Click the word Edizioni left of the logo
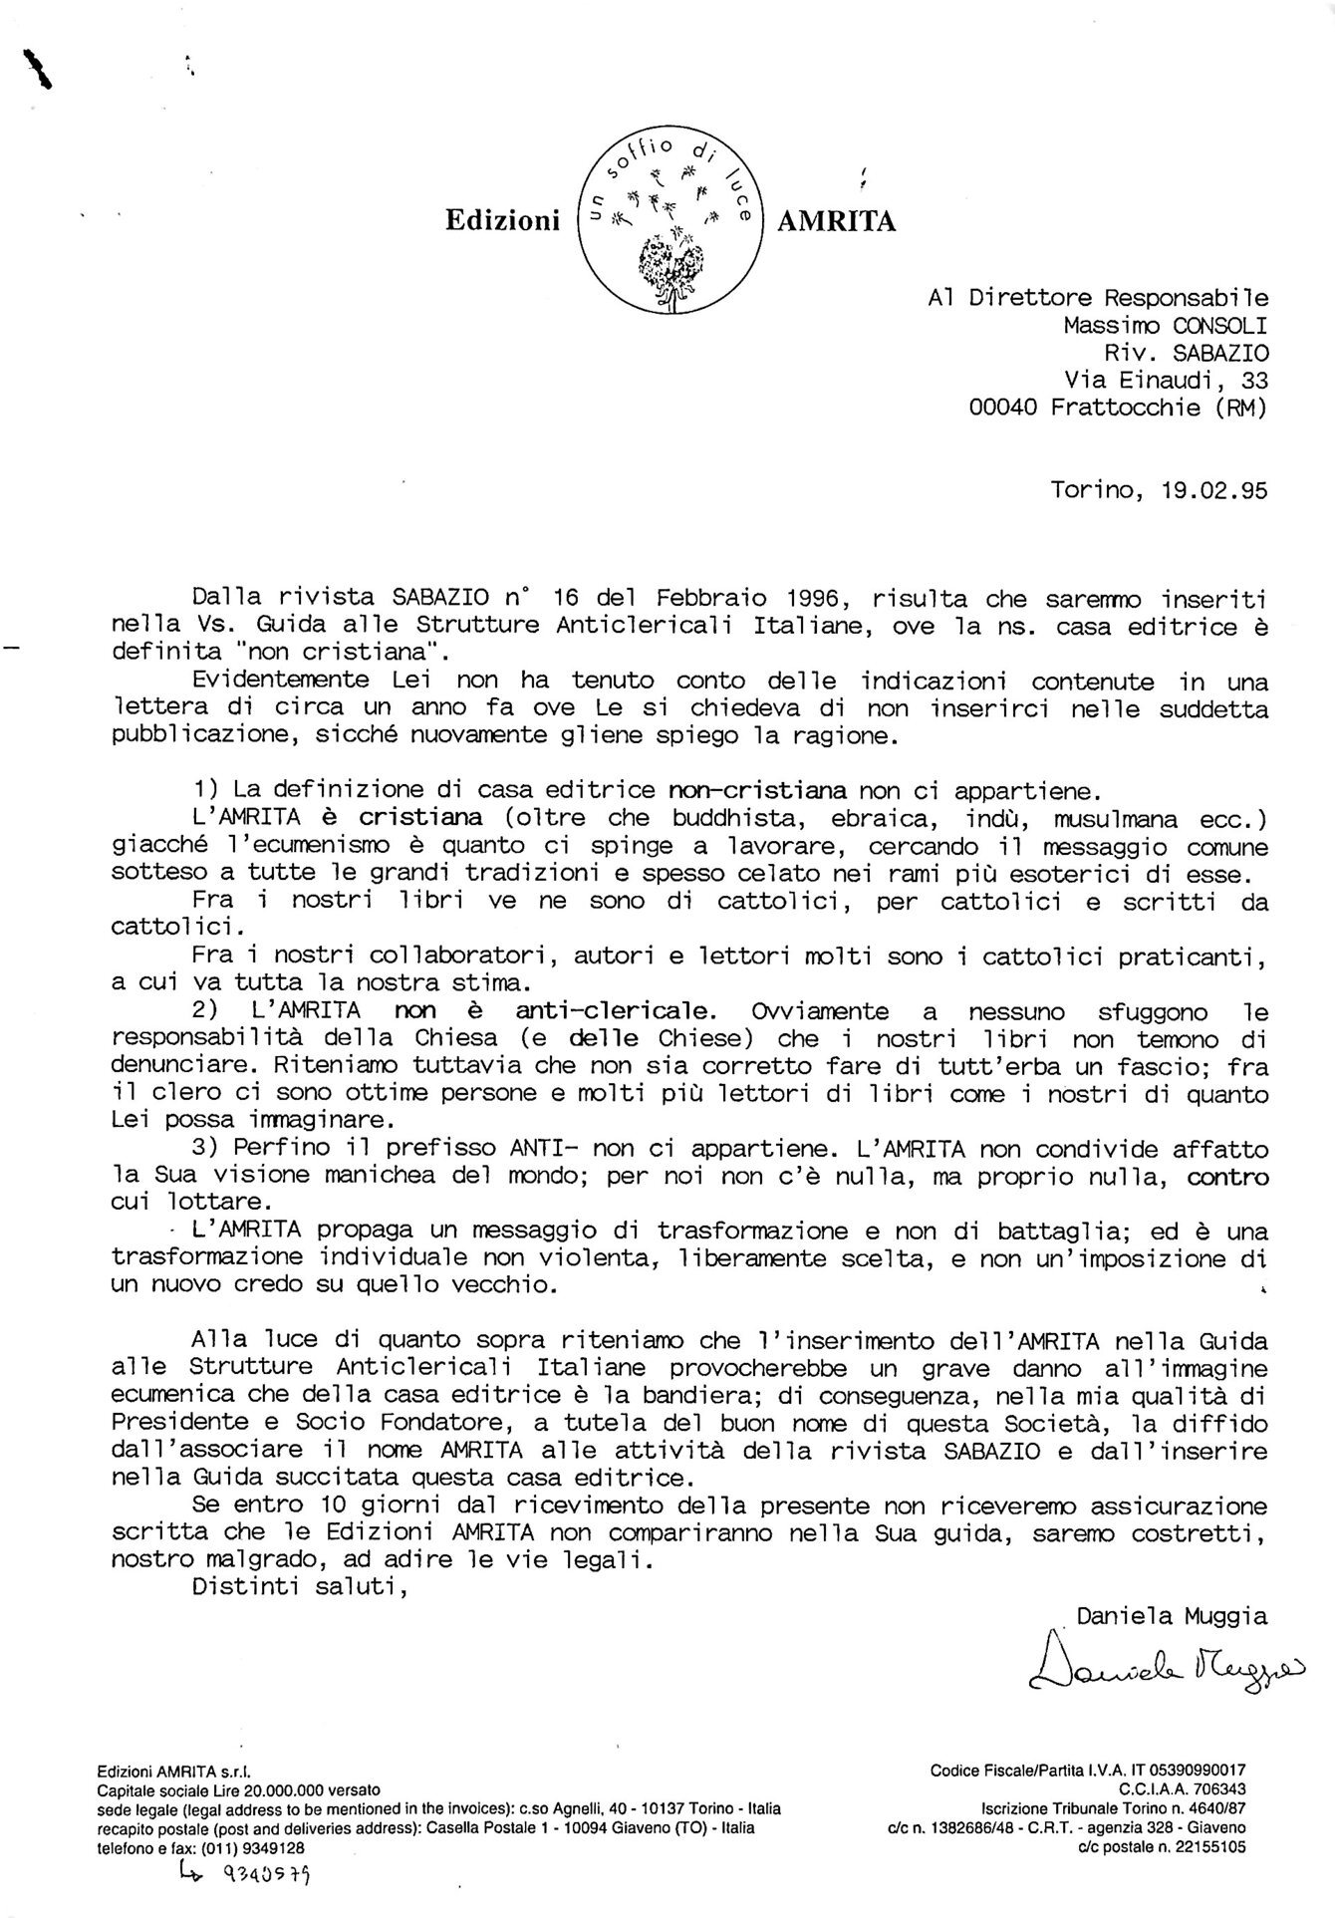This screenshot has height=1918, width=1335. coord(502,221)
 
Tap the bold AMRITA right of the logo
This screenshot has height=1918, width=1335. coord(836,221)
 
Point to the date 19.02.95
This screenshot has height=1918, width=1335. coord(1214,490)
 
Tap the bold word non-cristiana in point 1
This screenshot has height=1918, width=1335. coord(758,791)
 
